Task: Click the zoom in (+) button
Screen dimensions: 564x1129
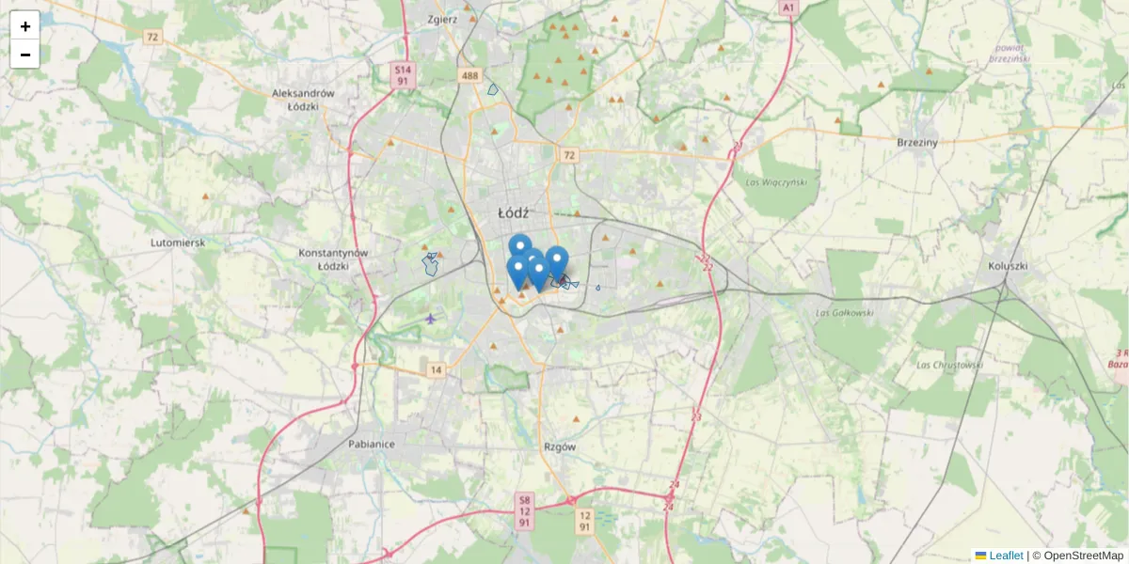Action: click(x=24, y=25)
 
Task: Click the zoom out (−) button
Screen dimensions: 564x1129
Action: click(x=24, y=55)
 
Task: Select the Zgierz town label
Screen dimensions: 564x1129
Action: click(x=441, y=18)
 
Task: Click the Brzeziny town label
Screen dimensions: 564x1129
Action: click(x=917, y=142)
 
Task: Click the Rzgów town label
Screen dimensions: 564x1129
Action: click(x=560, y=446)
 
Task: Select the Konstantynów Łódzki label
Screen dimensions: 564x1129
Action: click(x=331, y=259)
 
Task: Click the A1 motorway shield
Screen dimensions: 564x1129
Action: click(x=787, y=8)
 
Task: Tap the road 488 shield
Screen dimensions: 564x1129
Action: click(x=470, y=75)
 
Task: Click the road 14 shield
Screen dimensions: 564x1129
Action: click(x=435, y=370)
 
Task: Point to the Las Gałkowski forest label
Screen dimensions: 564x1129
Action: click(x=845, y=312)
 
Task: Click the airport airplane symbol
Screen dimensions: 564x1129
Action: click(x=431, y=317)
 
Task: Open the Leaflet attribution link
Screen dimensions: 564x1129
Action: click(x=1006, y=556)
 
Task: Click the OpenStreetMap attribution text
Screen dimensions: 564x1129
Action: click(x=1083, y=556)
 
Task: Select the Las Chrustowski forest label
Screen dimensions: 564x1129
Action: click(x=949, y=365)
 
